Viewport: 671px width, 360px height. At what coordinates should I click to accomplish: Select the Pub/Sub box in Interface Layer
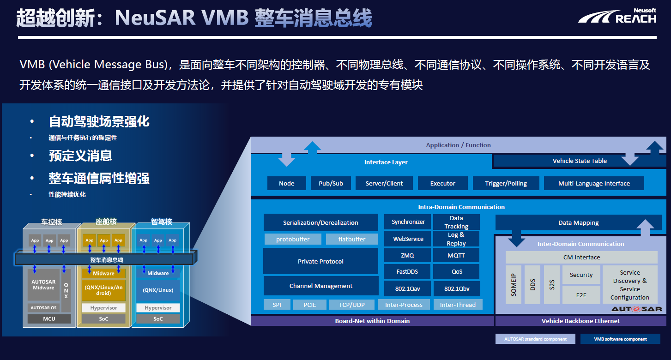coord(331,183)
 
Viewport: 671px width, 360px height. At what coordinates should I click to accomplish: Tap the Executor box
coord(442,183)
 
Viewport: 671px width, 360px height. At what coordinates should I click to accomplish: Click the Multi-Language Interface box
coord(594,183)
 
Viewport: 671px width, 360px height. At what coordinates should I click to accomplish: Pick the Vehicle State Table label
coord(580,161)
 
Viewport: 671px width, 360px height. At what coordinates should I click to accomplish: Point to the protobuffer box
coord(293,239)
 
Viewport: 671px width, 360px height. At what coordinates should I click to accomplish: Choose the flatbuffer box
coord(351,239)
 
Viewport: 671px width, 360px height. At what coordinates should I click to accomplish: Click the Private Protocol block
coord(320,261)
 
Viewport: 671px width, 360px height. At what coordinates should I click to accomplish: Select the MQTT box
coord(456,255)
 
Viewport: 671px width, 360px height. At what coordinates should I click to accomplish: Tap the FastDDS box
coord(407,272)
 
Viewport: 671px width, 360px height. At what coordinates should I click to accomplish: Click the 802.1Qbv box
coord(456,289)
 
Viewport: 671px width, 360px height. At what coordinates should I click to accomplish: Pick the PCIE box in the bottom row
coord(310,305)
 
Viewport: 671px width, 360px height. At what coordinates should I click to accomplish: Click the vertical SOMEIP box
coord(514,284)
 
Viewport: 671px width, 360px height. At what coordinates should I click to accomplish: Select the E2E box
coord(581,294)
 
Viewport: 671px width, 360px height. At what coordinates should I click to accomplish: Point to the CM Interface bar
coord(581,257)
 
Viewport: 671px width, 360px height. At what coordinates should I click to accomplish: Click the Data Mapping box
coord(578,222)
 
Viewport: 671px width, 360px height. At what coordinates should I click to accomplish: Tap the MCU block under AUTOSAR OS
coord(49,319)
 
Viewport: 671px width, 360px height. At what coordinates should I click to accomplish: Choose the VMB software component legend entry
coord(620,339)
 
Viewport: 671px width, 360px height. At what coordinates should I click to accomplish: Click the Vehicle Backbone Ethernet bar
coord(580,321)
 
